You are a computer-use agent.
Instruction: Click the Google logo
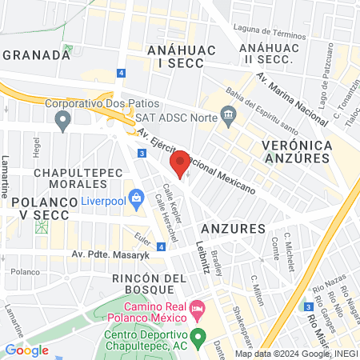(26, 350)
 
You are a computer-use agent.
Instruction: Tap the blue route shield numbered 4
(121, 72)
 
